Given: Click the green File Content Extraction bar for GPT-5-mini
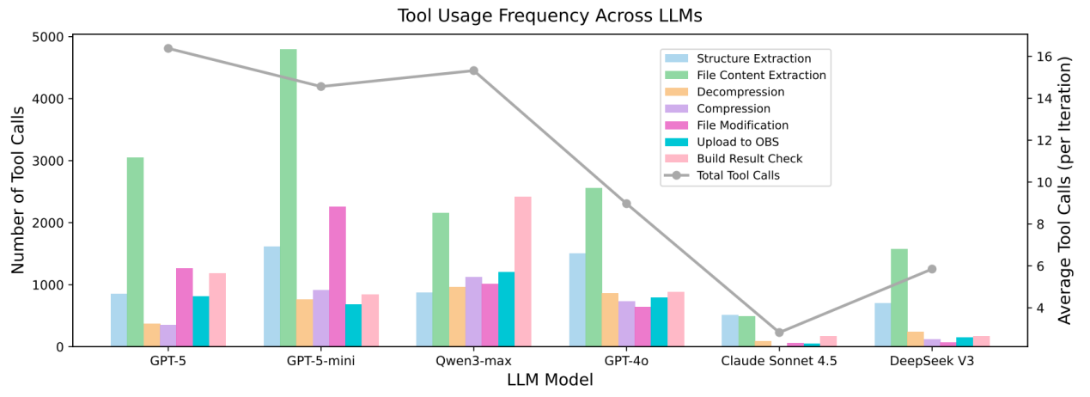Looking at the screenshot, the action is pyautogui.click(x=288, y=198).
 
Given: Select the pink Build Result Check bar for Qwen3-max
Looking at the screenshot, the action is pyautogui.click(x=523, y=272).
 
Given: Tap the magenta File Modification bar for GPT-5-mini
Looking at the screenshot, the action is pyautogui.click(x=338, y=277).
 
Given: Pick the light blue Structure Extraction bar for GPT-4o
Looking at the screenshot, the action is pyautogui.click(x=577, y=300).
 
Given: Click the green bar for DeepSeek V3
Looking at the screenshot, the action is pyautogui.click(x=899, y=297).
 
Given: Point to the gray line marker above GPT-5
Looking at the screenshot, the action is pyautogui.click(x=168, y=49).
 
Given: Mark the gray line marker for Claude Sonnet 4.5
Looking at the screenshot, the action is pyautogui.click(x=779, y=333).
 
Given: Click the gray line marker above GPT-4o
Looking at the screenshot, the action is pyautogui.click(x=627, y=204).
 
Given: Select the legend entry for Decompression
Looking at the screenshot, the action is pyautogui.click(x=725, y=92).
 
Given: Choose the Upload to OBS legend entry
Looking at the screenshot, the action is pyautogui.click(x=722, y=142).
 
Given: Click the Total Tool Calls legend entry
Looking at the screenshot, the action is pyautogui.click(x=722, y=175).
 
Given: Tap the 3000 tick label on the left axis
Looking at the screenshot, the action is pyautogui.click(x=48, y=161).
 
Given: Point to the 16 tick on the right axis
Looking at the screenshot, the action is pyautogui.click(x=1044, y=57).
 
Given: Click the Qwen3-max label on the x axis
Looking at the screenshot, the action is pyautogui.click(x=473, y=361).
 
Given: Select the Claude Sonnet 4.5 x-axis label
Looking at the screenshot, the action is pyautogui.click(x=779, y=361).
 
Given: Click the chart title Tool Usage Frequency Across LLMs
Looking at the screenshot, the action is pyautogui.click(x=550, y=15).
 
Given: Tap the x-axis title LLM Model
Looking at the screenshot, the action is pyautogui.click(x=550, y=380).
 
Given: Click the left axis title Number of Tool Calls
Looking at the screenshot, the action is pyautogui.click(x=17, y=190).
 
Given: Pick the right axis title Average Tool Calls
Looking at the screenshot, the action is pyautogui.click(x=1065, y=190).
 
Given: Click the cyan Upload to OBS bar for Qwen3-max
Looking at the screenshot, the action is pyautogui.click(x=507, y=309).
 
